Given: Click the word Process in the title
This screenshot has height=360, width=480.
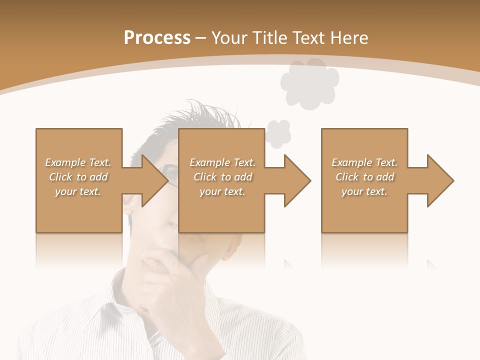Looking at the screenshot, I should (157, 38).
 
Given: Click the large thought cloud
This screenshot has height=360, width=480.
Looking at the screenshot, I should (309, 82).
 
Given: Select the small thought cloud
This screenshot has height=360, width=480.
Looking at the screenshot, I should (277, 133).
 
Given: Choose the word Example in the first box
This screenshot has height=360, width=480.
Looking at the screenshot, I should (65, 162).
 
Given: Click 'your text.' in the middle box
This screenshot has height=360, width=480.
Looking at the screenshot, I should (222, 191).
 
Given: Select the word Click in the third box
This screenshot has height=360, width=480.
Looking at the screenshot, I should (347, 177).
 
